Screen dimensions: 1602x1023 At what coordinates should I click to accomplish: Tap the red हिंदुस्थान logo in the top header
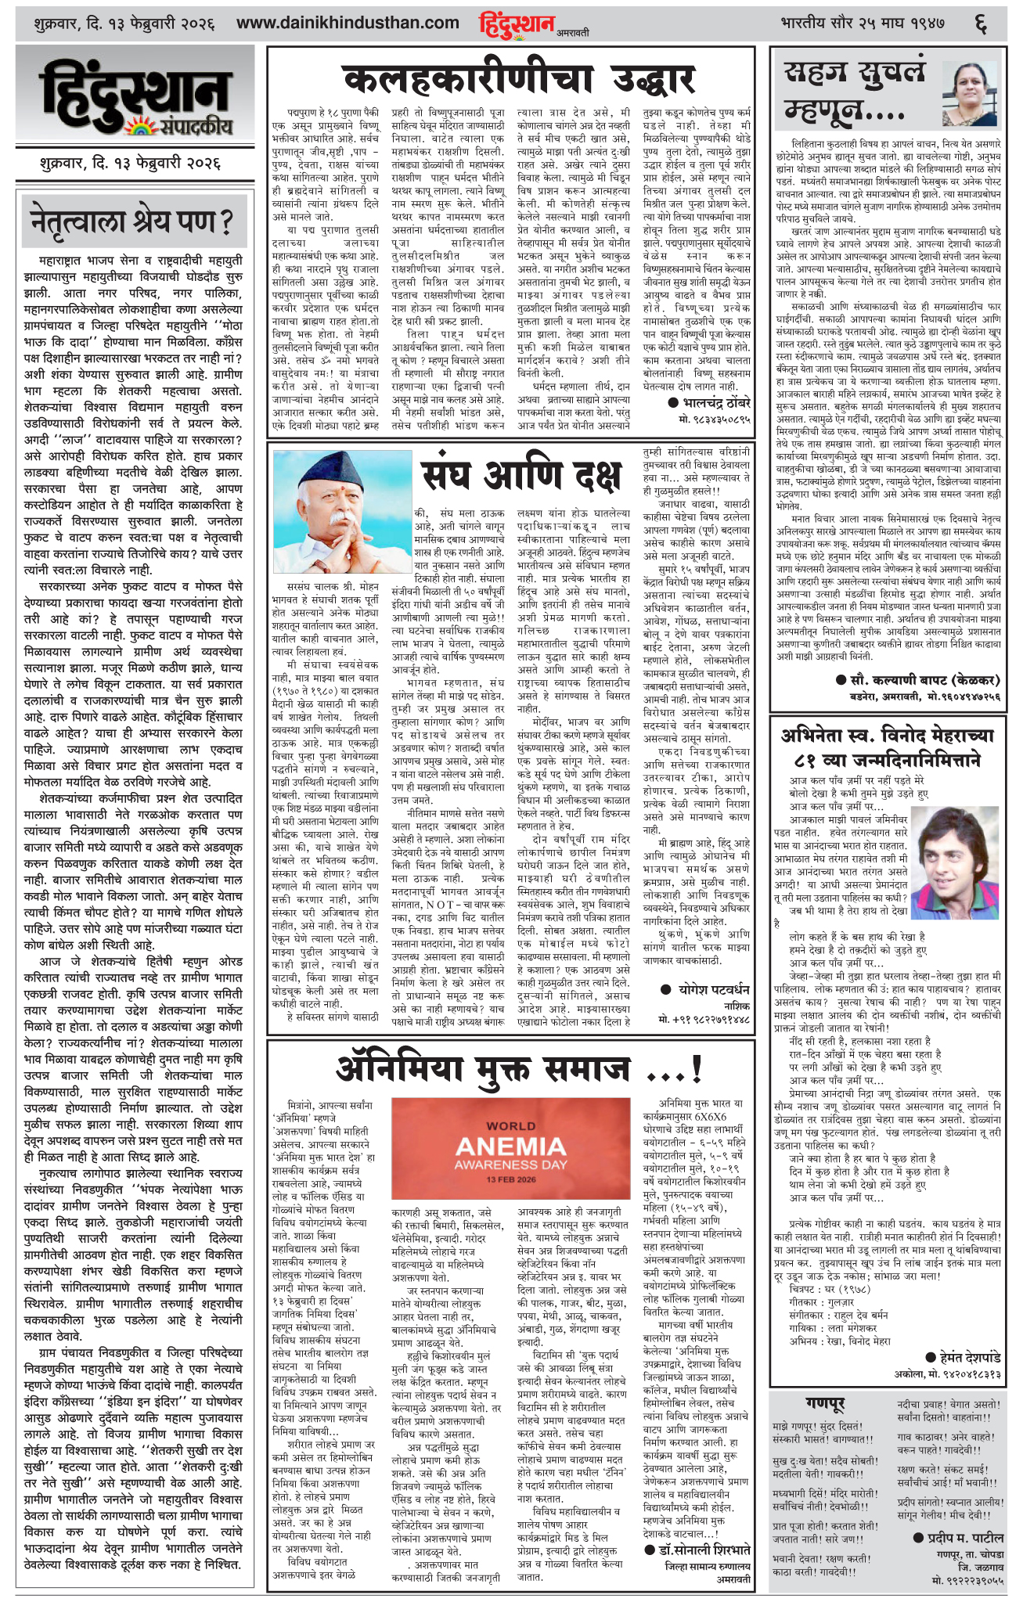[517, 24]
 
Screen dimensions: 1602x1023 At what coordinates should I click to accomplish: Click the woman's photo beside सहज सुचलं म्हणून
[973, 93]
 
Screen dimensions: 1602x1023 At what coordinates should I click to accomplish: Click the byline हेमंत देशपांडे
[962, 1358]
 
